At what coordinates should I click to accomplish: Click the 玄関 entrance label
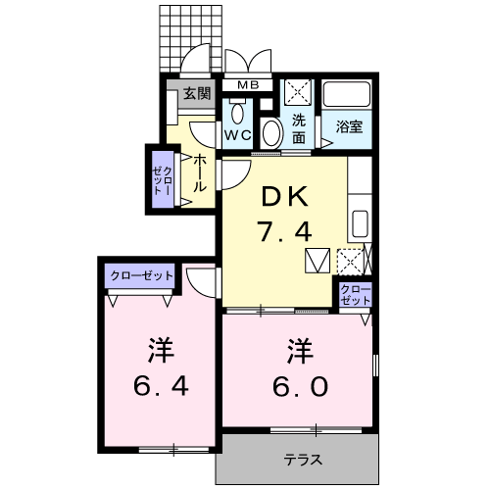(x=197, y=94)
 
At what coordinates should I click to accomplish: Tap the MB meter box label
(x=248, y=85)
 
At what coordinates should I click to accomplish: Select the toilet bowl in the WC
(x=237, y=112)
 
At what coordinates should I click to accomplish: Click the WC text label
(x=238, y=135)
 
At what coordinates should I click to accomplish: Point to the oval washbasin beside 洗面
(x=271, y=133)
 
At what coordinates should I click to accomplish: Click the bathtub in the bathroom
(x=347, y=93)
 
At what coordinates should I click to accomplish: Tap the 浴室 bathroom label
(x=349, y=126)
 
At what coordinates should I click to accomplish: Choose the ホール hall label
(x=200, y=173)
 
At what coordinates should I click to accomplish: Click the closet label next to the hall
(x=163, y=180)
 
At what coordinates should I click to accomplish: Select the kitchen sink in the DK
(x=361, y=224)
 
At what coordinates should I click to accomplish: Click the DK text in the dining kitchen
(x=285, y=196)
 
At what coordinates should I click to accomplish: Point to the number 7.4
(x=284, y=231)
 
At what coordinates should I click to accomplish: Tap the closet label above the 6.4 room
(x=141, y=276)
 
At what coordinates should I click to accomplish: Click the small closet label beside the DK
(x=356, y=295)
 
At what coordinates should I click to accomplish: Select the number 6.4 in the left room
(x=161, y=386)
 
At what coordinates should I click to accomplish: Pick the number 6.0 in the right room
(x=300, y=386)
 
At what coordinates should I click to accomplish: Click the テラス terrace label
(x=303, y=461)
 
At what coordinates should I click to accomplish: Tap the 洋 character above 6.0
(x=300, y=351)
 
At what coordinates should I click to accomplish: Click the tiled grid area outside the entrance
(x=191, y=38)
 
